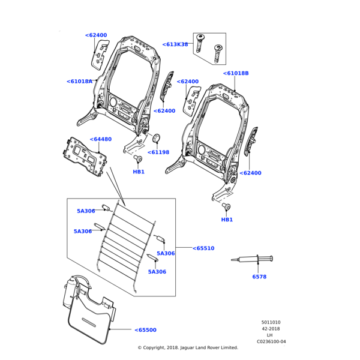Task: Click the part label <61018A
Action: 79,81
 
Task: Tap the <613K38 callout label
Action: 175,44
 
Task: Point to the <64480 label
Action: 101,139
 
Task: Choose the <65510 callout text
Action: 203,248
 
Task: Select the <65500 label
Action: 145,330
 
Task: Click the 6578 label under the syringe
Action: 259,277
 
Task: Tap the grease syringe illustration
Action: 252,259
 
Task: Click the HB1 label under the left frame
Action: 139,172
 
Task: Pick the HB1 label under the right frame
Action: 227,220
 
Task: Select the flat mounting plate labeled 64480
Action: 86,157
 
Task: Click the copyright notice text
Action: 188,347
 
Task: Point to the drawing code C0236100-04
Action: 271,341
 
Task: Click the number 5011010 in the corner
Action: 271,322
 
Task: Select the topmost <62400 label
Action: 96,35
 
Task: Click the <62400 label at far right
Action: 250,173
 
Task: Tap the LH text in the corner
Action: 270,335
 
